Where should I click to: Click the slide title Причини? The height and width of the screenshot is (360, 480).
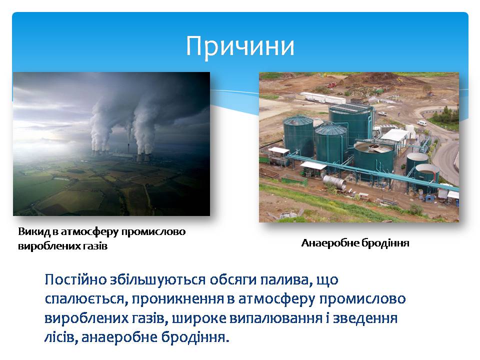click(x=240, y=46)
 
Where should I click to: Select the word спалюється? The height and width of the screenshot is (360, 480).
click(x=86, y=299)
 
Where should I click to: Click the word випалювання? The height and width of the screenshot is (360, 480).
click(x=276, y=318)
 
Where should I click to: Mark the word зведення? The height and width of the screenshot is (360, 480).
click(x=365, y=318)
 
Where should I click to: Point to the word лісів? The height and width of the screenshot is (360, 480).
click(x=61, y=337)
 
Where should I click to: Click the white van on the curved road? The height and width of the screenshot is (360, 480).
click(x=421, y=123)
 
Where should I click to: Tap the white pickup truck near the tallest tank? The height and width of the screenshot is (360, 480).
click(x=382, y=114)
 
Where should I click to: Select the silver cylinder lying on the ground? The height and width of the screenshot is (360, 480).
click(x=334, y=182)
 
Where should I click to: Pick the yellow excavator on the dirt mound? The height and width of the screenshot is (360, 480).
click(x=399, y=79)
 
